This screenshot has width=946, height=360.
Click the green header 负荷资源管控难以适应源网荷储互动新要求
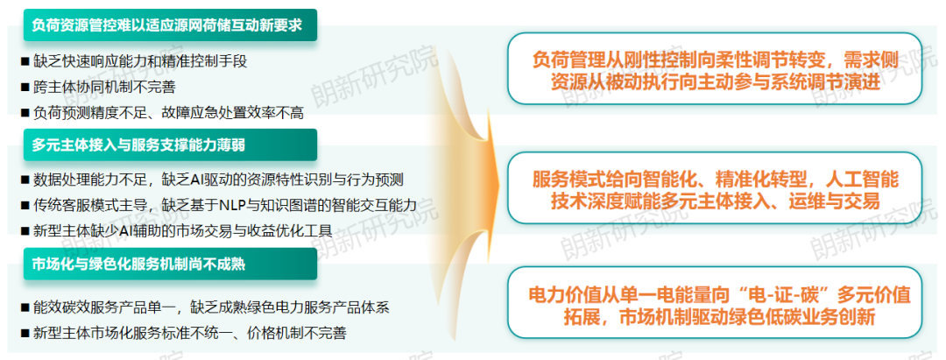(170, 25)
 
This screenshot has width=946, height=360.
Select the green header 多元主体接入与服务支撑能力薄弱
(170, 145)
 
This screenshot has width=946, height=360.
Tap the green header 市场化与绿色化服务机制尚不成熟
(170, 264)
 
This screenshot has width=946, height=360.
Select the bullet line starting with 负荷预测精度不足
(162, 112)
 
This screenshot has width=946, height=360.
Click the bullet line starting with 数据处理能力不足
(212, 179)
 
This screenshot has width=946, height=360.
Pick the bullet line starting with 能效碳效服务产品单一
(205, 307)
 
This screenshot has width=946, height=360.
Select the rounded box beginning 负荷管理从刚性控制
(715, 68)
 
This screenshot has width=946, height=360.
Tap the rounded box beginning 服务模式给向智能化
(715, 188)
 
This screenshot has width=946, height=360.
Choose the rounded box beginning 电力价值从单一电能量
(715, 303)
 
